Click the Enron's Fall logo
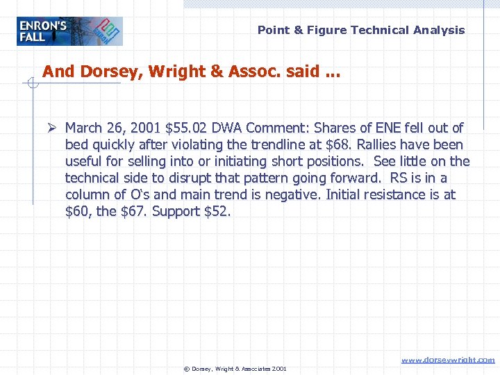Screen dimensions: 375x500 [x=69, y=31]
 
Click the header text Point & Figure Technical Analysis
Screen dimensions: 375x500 [x=361, y=30]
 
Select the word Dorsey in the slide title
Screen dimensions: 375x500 [x=103, y=72]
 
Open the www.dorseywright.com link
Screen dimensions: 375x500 [x=448, y=360]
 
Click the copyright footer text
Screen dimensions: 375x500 [x=235, y=369]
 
